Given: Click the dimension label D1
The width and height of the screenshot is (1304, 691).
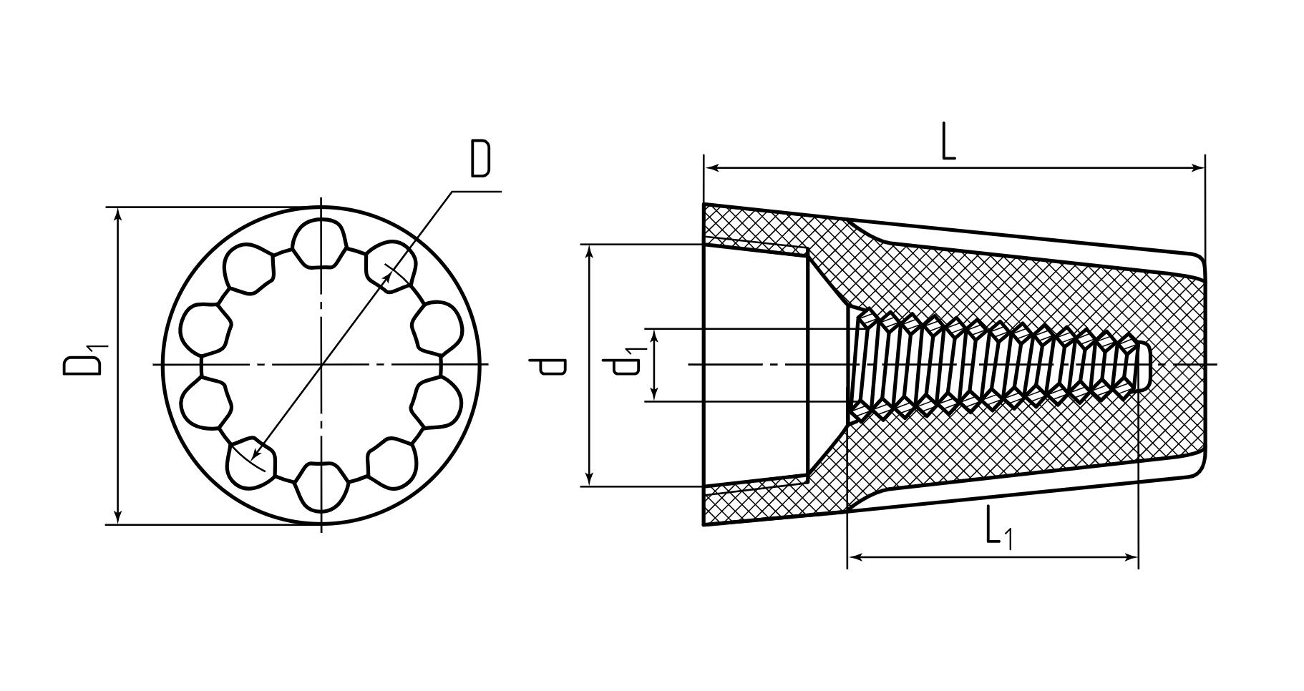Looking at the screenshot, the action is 85,361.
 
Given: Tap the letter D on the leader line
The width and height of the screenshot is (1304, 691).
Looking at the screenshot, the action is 481,159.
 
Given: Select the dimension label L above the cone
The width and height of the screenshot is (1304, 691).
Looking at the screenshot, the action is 948,142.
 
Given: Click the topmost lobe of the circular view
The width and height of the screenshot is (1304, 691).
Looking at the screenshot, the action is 320,243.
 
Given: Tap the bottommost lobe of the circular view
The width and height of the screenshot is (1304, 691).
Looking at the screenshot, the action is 321,486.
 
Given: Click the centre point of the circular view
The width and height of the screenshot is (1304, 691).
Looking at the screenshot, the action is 322,366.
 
